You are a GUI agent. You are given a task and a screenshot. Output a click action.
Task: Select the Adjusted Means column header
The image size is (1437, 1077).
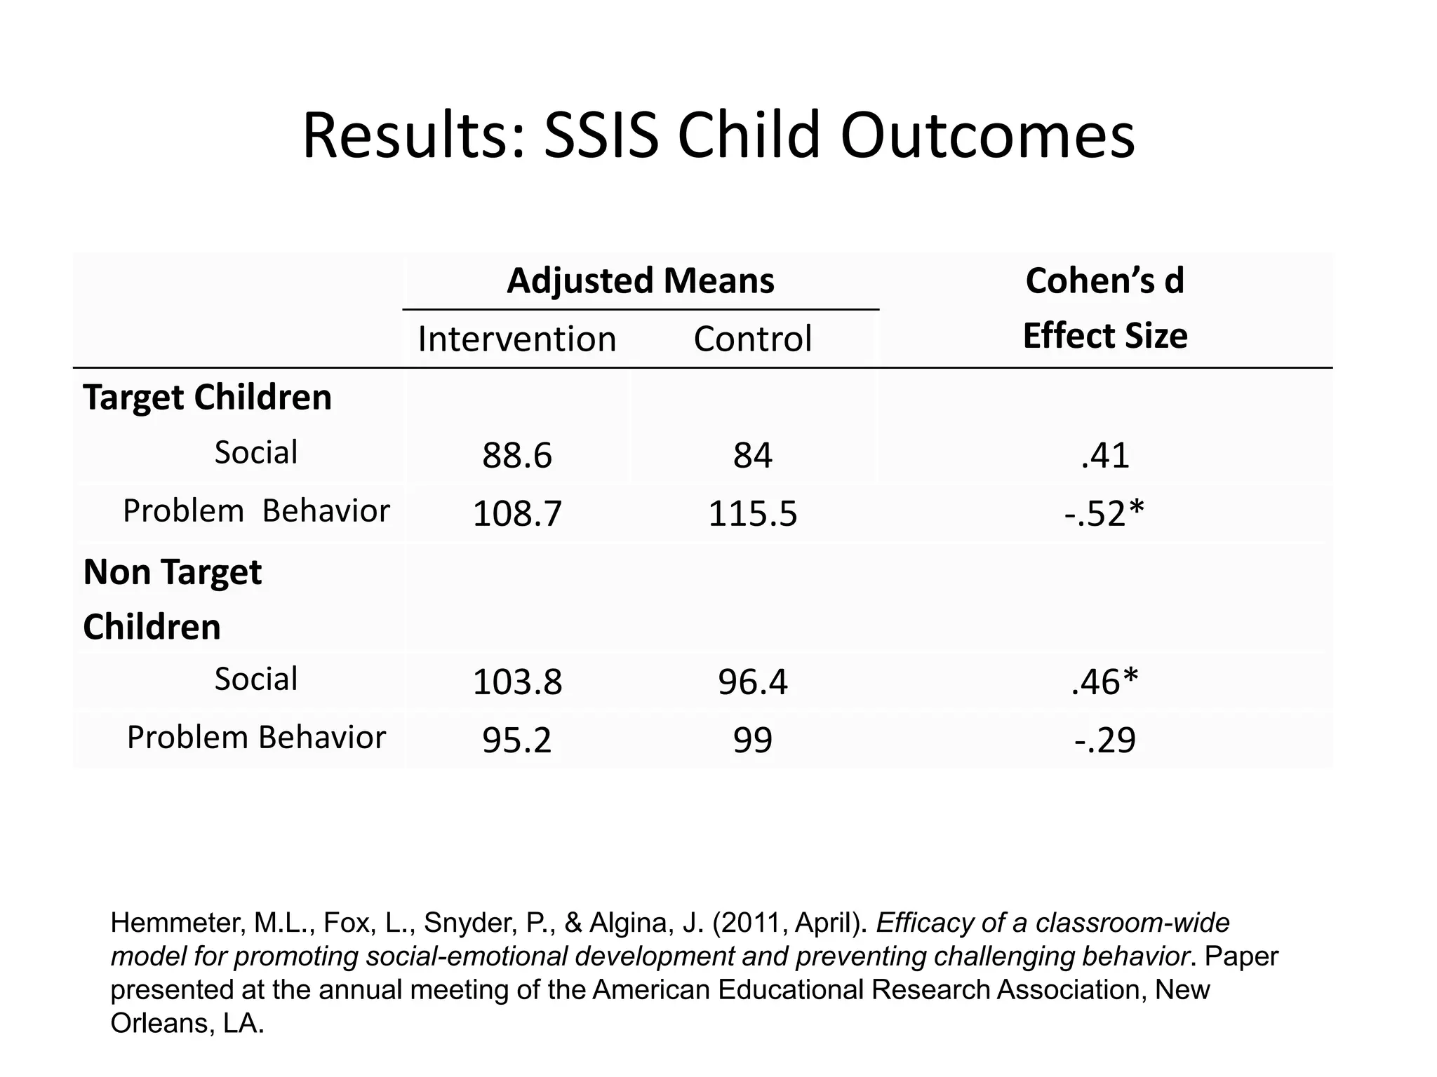click(640, 280)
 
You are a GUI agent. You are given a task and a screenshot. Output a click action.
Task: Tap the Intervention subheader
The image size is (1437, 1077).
click(517, 339)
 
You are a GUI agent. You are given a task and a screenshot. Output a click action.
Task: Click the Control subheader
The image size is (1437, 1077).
click(752, 339)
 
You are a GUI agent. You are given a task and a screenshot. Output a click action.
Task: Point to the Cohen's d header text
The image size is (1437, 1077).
click(1104, 280)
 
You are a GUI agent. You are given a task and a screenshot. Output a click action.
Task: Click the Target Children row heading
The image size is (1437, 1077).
click(207, 398)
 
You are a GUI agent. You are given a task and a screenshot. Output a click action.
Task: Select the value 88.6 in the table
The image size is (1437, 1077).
click(517, 456)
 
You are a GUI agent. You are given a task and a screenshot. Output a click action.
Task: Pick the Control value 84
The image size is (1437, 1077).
click(752, 456)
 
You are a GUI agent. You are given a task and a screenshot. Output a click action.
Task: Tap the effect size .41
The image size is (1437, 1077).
click(1104, 456)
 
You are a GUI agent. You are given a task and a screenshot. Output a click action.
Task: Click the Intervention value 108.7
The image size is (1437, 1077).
click(517, 514)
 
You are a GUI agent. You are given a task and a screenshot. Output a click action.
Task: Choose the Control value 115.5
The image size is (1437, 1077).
click(752, 514)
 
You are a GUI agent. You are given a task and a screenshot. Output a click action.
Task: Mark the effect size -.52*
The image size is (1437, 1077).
click(1104, 514)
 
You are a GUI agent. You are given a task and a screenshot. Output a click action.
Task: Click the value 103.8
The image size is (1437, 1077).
click(517, 682)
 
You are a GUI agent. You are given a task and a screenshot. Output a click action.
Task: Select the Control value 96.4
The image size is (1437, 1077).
click(752, 682)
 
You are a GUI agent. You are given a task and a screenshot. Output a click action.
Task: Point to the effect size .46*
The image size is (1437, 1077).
click(1104, 682)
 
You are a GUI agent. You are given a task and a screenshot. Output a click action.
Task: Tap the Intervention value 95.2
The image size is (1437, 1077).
click(517, 740)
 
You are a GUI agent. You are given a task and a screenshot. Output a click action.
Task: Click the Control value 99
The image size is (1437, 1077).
click(752, 740)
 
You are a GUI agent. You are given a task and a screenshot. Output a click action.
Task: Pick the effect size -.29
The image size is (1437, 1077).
click(1104, 740)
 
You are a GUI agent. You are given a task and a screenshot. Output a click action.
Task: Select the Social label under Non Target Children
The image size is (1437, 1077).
click(255, 679)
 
